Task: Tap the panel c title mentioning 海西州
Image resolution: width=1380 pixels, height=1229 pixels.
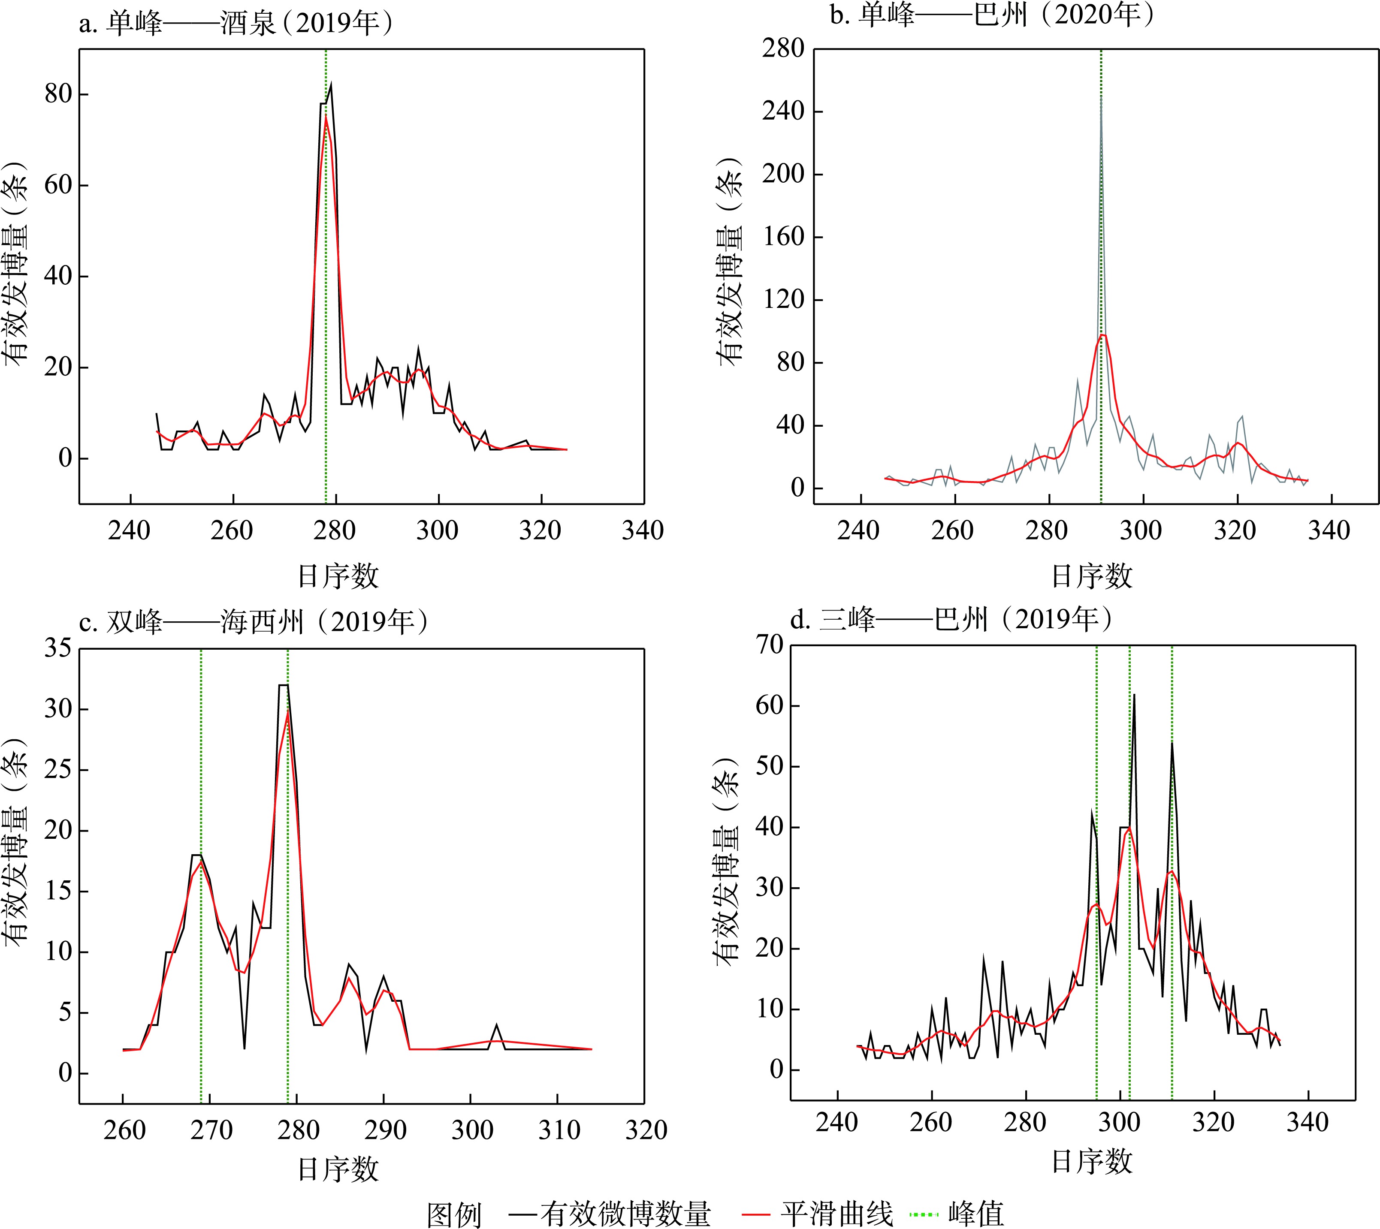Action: [253, 621]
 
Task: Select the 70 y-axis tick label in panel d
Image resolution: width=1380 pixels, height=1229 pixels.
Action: [770, 645]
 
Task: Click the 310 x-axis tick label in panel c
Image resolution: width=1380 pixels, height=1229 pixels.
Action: [559, 1130]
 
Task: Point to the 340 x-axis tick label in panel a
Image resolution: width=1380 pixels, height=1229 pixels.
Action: [642, 531]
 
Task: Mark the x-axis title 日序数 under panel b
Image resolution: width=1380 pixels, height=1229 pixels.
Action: [1092, 576]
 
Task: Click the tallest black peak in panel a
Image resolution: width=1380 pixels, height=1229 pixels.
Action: [330, 84]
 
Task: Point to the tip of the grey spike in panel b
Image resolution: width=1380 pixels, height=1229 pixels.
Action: [1101, 96]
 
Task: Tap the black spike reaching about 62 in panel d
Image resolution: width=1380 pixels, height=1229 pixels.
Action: [1133, 695]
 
